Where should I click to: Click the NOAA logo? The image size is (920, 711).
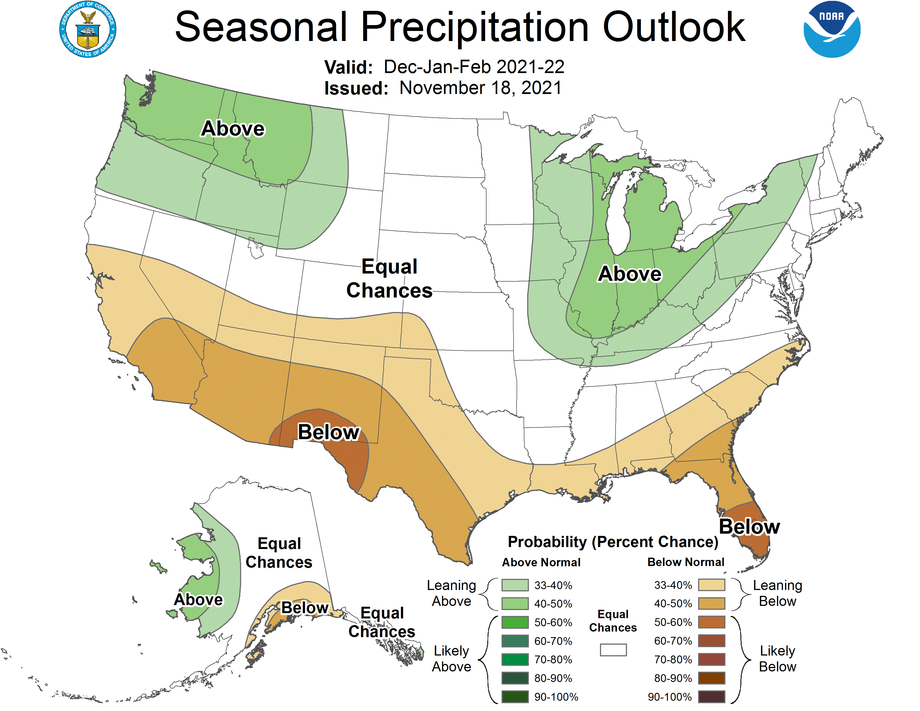point(832,30)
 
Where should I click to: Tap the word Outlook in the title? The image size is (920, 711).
point(674,27)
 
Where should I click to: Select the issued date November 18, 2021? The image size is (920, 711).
point(480,88)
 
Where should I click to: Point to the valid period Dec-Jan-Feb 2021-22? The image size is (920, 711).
point(474,67)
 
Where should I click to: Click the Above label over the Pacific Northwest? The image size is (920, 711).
point(233,129)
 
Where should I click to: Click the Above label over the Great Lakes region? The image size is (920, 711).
point(630,274)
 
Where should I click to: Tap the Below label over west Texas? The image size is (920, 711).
point(329,432)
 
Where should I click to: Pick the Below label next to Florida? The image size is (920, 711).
point(749,526)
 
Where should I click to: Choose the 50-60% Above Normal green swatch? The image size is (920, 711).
point(515,622)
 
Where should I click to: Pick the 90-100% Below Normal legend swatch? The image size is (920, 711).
point(711,697)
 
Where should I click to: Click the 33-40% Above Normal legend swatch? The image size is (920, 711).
point(515,585)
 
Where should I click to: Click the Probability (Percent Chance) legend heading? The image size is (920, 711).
point(613,542)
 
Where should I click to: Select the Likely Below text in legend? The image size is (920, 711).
point(777,659)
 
